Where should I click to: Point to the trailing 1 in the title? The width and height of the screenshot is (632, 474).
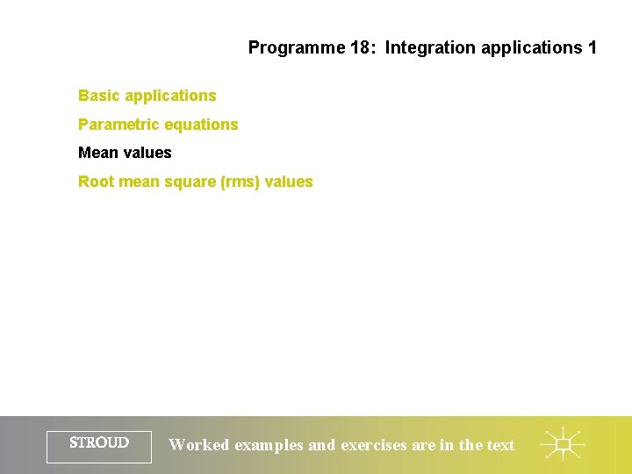tap(592, 47)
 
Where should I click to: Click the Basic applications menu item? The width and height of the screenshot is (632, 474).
tap(147, 96)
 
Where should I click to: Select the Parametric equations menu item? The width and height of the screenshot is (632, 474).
tap(158, 125)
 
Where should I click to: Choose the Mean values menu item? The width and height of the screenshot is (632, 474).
tap(125, 153)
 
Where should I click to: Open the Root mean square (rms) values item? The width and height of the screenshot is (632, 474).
tap(195, 182)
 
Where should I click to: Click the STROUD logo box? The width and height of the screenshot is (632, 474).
tap(99, 445)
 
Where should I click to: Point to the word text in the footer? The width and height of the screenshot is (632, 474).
tap(500, 445)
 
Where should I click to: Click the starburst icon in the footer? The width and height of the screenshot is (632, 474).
tap(562, 445)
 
